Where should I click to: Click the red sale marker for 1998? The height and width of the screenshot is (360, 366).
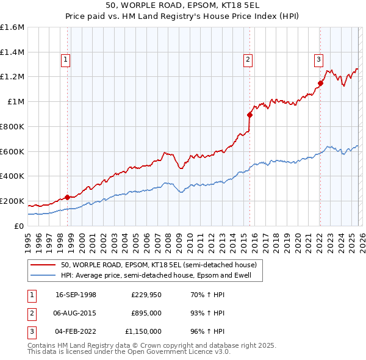click(67, 197)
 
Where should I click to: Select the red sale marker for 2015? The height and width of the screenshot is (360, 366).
click(249, 114)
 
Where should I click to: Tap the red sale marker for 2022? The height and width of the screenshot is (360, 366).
click(320, 83)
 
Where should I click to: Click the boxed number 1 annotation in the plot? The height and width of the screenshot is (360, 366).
click(65, 59)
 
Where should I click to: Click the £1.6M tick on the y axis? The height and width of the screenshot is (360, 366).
click(12, 27)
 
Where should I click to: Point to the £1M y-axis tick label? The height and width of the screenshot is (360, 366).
click(15, 102)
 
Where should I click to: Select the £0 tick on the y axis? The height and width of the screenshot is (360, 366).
click(20, 226)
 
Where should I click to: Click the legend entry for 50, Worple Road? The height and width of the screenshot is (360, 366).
click(159, 265)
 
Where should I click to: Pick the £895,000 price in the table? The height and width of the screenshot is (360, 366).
click(146, 313)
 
